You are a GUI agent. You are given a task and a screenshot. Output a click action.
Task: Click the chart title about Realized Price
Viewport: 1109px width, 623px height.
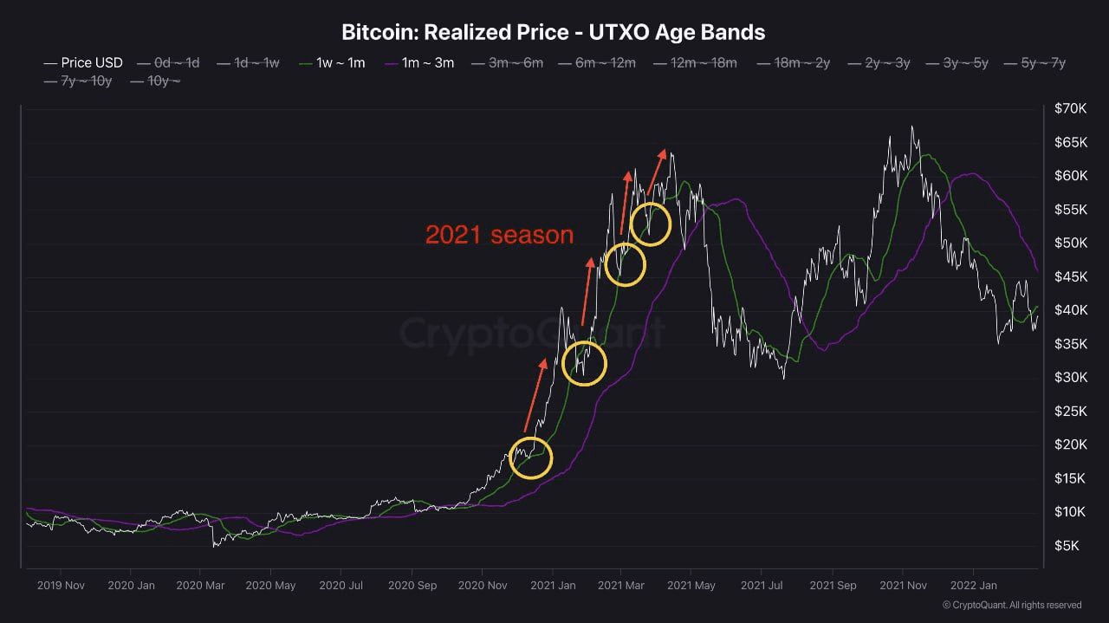click(x=554, y=33)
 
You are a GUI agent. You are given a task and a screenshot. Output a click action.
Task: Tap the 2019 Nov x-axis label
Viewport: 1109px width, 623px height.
click(x=61, y=586)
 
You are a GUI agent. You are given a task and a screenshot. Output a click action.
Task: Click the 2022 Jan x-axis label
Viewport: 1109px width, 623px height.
click(x=973, y=586)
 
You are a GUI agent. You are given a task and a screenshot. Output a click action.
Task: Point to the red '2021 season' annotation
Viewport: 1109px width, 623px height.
click(x=499, y=235)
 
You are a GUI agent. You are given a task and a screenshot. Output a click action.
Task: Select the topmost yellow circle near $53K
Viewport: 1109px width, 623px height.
click(x=651, y=224)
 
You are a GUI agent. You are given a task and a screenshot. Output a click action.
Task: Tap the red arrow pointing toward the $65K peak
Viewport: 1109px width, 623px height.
click(x=657, y=172)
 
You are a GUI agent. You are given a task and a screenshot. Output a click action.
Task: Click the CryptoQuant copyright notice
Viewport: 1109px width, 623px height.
click(x=1012, y=605)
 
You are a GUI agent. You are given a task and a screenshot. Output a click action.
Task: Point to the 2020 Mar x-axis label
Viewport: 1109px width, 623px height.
click(x=200, y=586)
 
